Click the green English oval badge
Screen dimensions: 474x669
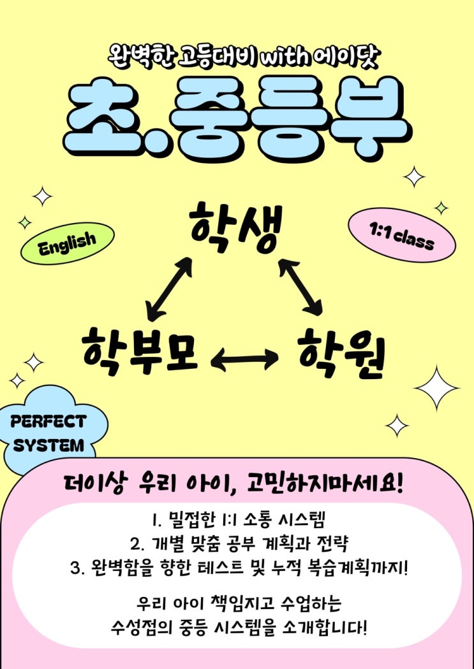click(68, 243)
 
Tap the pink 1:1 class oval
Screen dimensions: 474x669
click(402, 235)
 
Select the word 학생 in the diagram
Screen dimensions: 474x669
click(236, 228)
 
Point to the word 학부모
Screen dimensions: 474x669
click(140, 350)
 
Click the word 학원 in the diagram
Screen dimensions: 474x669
click(341, 354)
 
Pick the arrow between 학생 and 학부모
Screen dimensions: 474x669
click(170, 289)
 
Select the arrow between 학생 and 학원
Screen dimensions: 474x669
click(300, 287)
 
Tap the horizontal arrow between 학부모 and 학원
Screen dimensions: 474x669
click(244, 358)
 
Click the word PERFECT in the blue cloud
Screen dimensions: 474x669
click(48, 422)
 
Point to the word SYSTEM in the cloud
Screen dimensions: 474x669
click(48, 446)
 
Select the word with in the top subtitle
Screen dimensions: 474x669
click(284, 57)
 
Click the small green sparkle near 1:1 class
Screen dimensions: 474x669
click(441, 208)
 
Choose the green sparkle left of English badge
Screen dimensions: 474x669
click(25, 222)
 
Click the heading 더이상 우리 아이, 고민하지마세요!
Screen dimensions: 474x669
click(234, 484)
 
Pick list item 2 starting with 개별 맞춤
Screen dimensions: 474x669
click(239, 543)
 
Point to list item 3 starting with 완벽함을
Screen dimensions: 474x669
click(239, 568)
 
